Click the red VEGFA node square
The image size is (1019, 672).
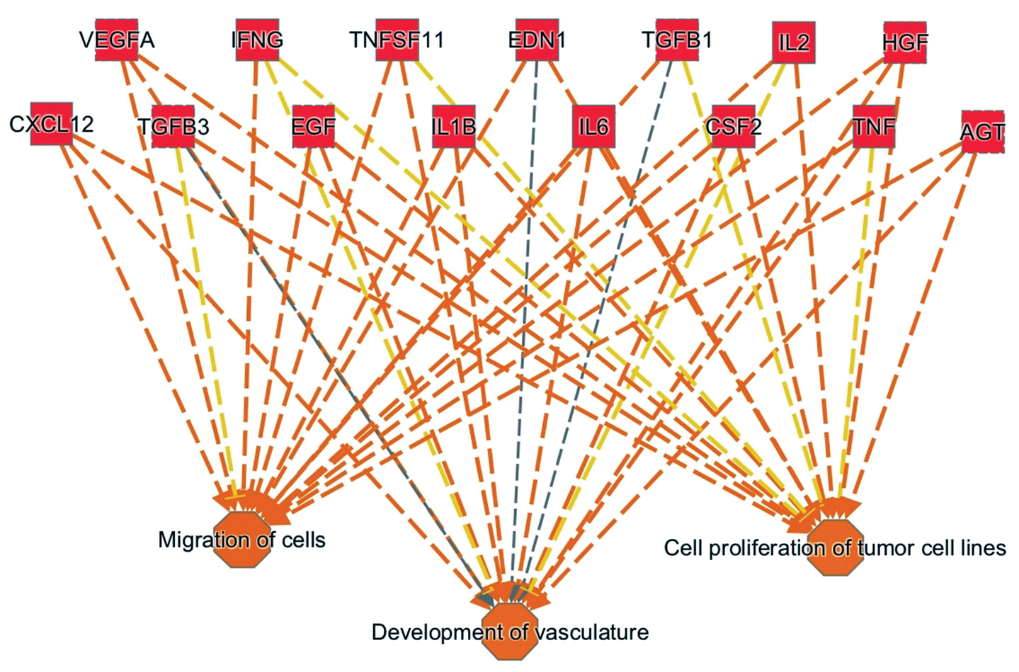pos(116,40)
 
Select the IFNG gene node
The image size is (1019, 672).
pos(257,40)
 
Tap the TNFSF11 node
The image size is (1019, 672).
pos(397,40)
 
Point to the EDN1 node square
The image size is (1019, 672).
pos(537,40)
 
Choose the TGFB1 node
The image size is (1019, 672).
pos(677,40)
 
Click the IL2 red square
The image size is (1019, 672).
pos(794,42)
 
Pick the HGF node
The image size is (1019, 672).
pos(905,42)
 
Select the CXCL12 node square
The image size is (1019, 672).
pos(52,124)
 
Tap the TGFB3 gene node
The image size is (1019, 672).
pos(173,127)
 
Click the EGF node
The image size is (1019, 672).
pos(313,127)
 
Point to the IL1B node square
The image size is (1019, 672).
pos(453,127)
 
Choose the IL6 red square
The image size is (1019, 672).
pos(593,127)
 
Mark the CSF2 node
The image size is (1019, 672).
pos(734,127)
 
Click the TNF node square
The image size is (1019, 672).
pos(874,127)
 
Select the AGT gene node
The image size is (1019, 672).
pos(983,132)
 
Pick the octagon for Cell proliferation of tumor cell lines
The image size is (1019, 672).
pos(836,549)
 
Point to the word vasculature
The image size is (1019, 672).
pos(590,632)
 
